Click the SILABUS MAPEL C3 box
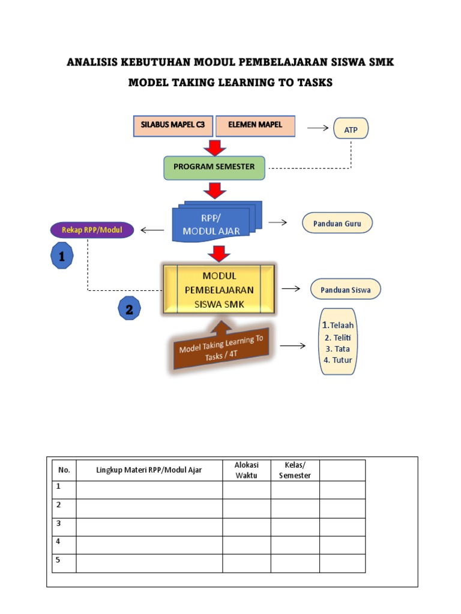pyautogui.click(x=173, y=126)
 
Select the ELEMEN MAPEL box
pyautogui.click(x=255, y=126)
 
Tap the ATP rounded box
pyautogui.click(x=351, y=128)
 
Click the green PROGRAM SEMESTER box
pyautogui.click(x=214, y=167)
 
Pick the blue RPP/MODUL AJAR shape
pyautogui.click(x=214, y=222)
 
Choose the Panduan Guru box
pyautogui.click(x=337, y=223)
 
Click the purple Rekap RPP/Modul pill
pyautogui.click(x=91, y=229)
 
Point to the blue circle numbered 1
pyautogui.click(x=62, y=257)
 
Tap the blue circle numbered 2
pyautogui.click(x=130, y=309)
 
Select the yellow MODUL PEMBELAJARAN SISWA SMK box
pyautogui.click(x=219, y=290)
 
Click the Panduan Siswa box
pyautogui.click(x=345, y=290)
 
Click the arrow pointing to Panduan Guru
pyautogui.click(x=277, y=222)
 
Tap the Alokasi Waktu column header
pyautogui.click(x=246, y=470)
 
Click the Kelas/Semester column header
pyautogui.click(x=295, y=470)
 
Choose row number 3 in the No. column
pyautogui.click(x=59, y=523)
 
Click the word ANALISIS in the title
pyautogui.click(x=92, y=62)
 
